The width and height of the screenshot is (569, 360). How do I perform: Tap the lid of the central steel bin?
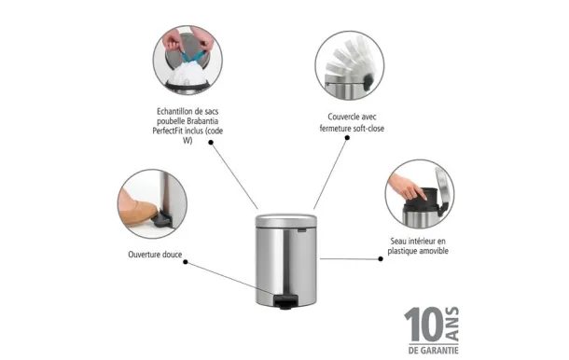point(285,216)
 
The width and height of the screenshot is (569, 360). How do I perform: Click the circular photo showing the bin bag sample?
point(193,63)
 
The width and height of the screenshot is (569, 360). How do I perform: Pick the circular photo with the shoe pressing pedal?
point(152,204)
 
